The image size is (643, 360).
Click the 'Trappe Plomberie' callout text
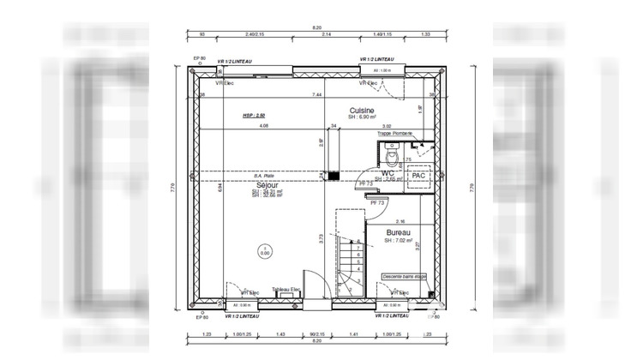[x=395, y=133]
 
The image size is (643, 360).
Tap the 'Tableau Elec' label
[x=286, y=289]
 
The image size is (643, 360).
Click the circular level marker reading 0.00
[x=265, y=251]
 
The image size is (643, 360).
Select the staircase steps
[x=349, y=261]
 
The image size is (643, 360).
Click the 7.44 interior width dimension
[x=316, y=94]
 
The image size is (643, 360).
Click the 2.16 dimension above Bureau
[x=401, y=221]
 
